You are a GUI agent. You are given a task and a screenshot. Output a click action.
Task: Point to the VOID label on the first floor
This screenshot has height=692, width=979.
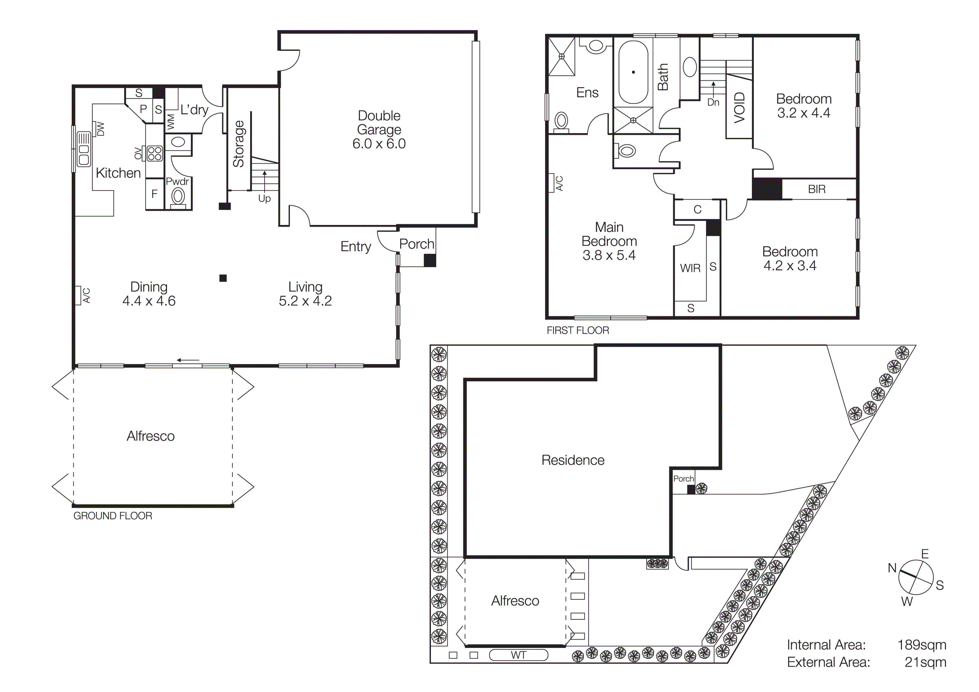739,107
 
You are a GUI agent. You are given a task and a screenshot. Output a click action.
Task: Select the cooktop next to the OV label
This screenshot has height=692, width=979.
154,154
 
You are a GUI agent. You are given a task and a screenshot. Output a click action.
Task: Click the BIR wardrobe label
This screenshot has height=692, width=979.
817,189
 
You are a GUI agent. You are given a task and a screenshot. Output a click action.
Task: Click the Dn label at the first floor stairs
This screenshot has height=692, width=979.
713,102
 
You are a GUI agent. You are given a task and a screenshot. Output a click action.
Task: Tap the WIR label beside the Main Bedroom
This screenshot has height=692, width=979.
690,268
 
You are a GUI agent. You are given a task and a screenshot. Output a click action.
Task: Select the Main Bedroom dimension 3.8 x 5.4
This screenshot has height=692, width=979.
609,255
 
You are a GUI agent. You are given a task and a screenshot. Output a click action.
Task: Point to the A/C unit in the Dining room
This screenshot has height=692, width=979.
78,295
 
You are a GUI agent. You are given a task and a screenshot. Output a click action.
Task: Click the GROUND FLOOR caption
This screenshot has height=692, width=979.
112,516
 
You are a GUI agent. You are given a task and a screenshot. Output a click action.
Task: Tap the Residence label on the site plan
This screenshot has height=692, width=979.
573,460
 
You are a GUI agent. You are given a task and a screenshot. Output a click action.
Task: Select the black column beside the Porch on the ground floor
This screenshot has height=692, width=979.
429,260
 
